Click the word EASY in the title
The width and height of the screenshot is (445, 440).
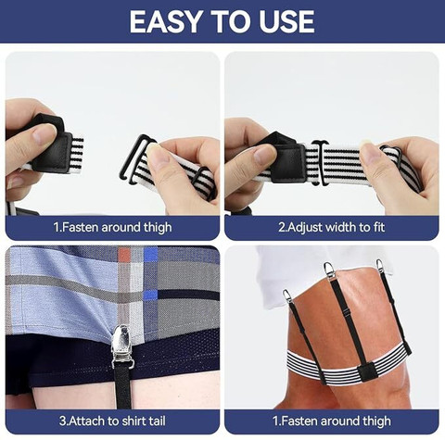165,21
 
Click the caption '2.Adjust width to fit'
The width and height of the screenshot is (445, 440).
331,227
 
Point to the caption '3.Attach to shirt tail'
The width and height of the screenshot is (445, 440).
112,421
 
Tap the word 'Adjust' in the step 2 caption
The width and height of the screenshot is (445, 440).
306,228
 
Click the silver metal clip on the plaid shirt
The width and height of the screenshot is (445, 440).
121,346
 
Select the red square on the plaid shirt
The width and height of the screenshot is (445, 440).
125,256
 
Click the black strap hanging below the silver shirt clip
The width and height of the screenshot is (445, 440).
122,388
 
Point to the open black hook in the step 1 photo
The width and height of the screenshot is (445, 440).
137,158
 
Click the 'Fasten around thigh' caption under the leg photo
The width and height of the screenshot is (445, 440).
332,421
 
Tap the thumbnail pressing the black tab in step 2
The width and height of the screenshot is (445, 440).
266,154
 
